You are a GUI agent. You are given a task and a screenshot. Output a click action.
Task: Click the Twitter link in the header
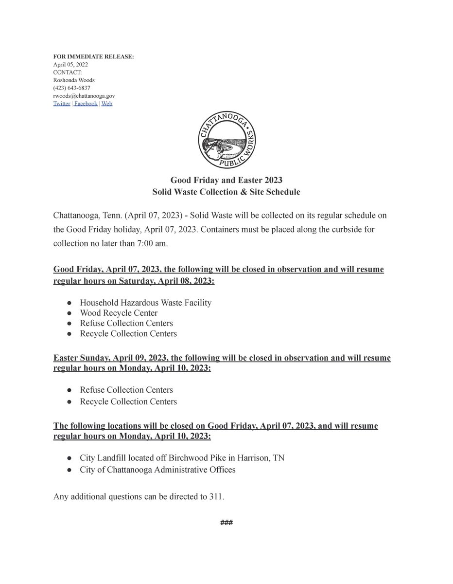(x=62, y=104)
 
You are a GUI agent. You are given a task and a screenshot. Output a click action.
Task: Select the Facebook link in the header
(x=86, y=104)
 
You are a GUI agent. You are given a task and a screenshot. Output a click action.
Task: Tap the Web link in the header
(x=107, y=104)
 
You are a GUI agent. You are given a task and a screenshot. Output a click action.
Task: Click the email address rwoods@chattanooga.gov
(x=84, y=96)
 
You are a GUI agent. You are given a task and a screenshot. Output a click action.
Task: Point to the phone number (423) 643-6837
(x=71, y=88)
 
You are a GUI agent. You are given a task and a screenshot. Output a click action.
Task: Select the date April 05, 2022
(x=70, y=65)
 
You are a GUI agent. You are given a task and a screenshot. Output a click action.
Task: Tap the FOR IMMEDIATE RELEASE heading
(x=93, y=57)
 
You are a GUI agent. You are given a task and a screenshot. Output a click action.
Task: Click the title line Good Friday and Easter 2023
(x=226, y=181)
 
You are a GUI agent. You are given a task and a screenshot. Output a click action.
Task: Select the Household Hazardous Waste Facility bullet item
(x=146, y=303)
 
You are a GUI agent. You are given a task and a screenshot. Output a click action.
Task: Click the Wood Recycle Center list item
(x=119, y=313)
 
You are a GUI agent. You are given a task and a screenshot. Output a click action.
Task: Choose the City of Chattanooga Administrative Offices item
(x=157, y=470)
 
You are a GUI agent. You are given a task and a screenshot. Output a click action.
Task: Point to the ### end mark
(x=226, y=523)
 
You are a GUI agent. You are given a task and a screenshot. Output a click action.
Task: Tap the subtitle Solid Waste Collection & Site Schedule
(x=226, y=192)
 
